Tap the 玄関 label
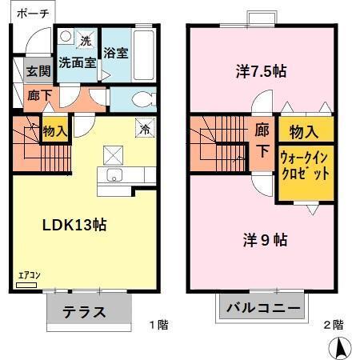click(x=38, y=70)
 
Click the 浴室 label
click(x=116, y=54)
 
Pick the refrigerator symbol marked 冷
click(x=146, y=127)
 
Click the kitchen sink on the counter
click(x=112, y=176)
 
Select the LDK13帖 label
click(x=74, y=225)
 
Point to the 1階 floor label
click(x=158, y=325)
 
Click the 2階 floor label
click(x=334, y=325)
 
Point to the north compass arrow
click(x=341, y=347)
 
